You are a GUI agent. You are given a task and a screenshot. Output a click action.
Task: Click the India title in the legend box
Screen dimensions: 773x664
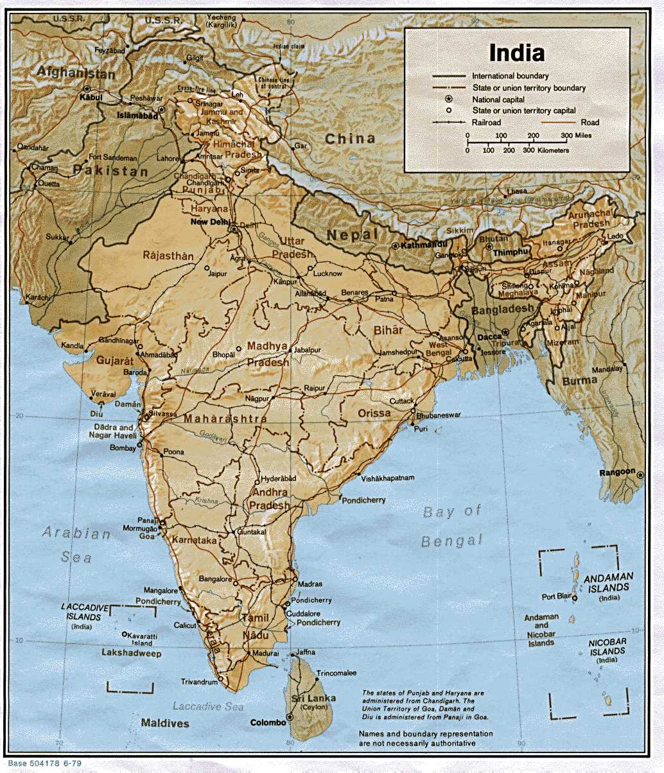[x=516, y=52]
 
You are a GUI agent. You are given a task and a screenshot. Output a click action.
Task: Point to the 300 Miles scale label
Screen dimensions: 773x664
[x=576, y=135]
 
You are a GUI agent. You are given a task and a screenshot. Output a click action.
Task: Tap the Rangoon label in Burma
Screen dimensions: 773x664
[x=617, y=473]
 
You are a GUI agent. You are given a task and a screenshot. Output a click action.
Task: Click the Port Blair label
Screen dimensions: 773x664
[x=556, y=596]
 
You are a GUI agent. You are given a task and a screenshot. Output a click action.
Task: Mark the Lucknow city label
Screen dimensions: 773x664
[x=328, y=273]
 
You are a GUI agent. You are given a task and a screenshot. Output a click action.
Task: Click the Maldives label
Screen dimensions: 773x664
[x=165, y=724]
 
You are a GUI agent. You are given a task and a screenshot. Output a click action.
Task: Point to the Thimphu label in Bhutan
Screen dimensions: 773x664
[x=510, y=252]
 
